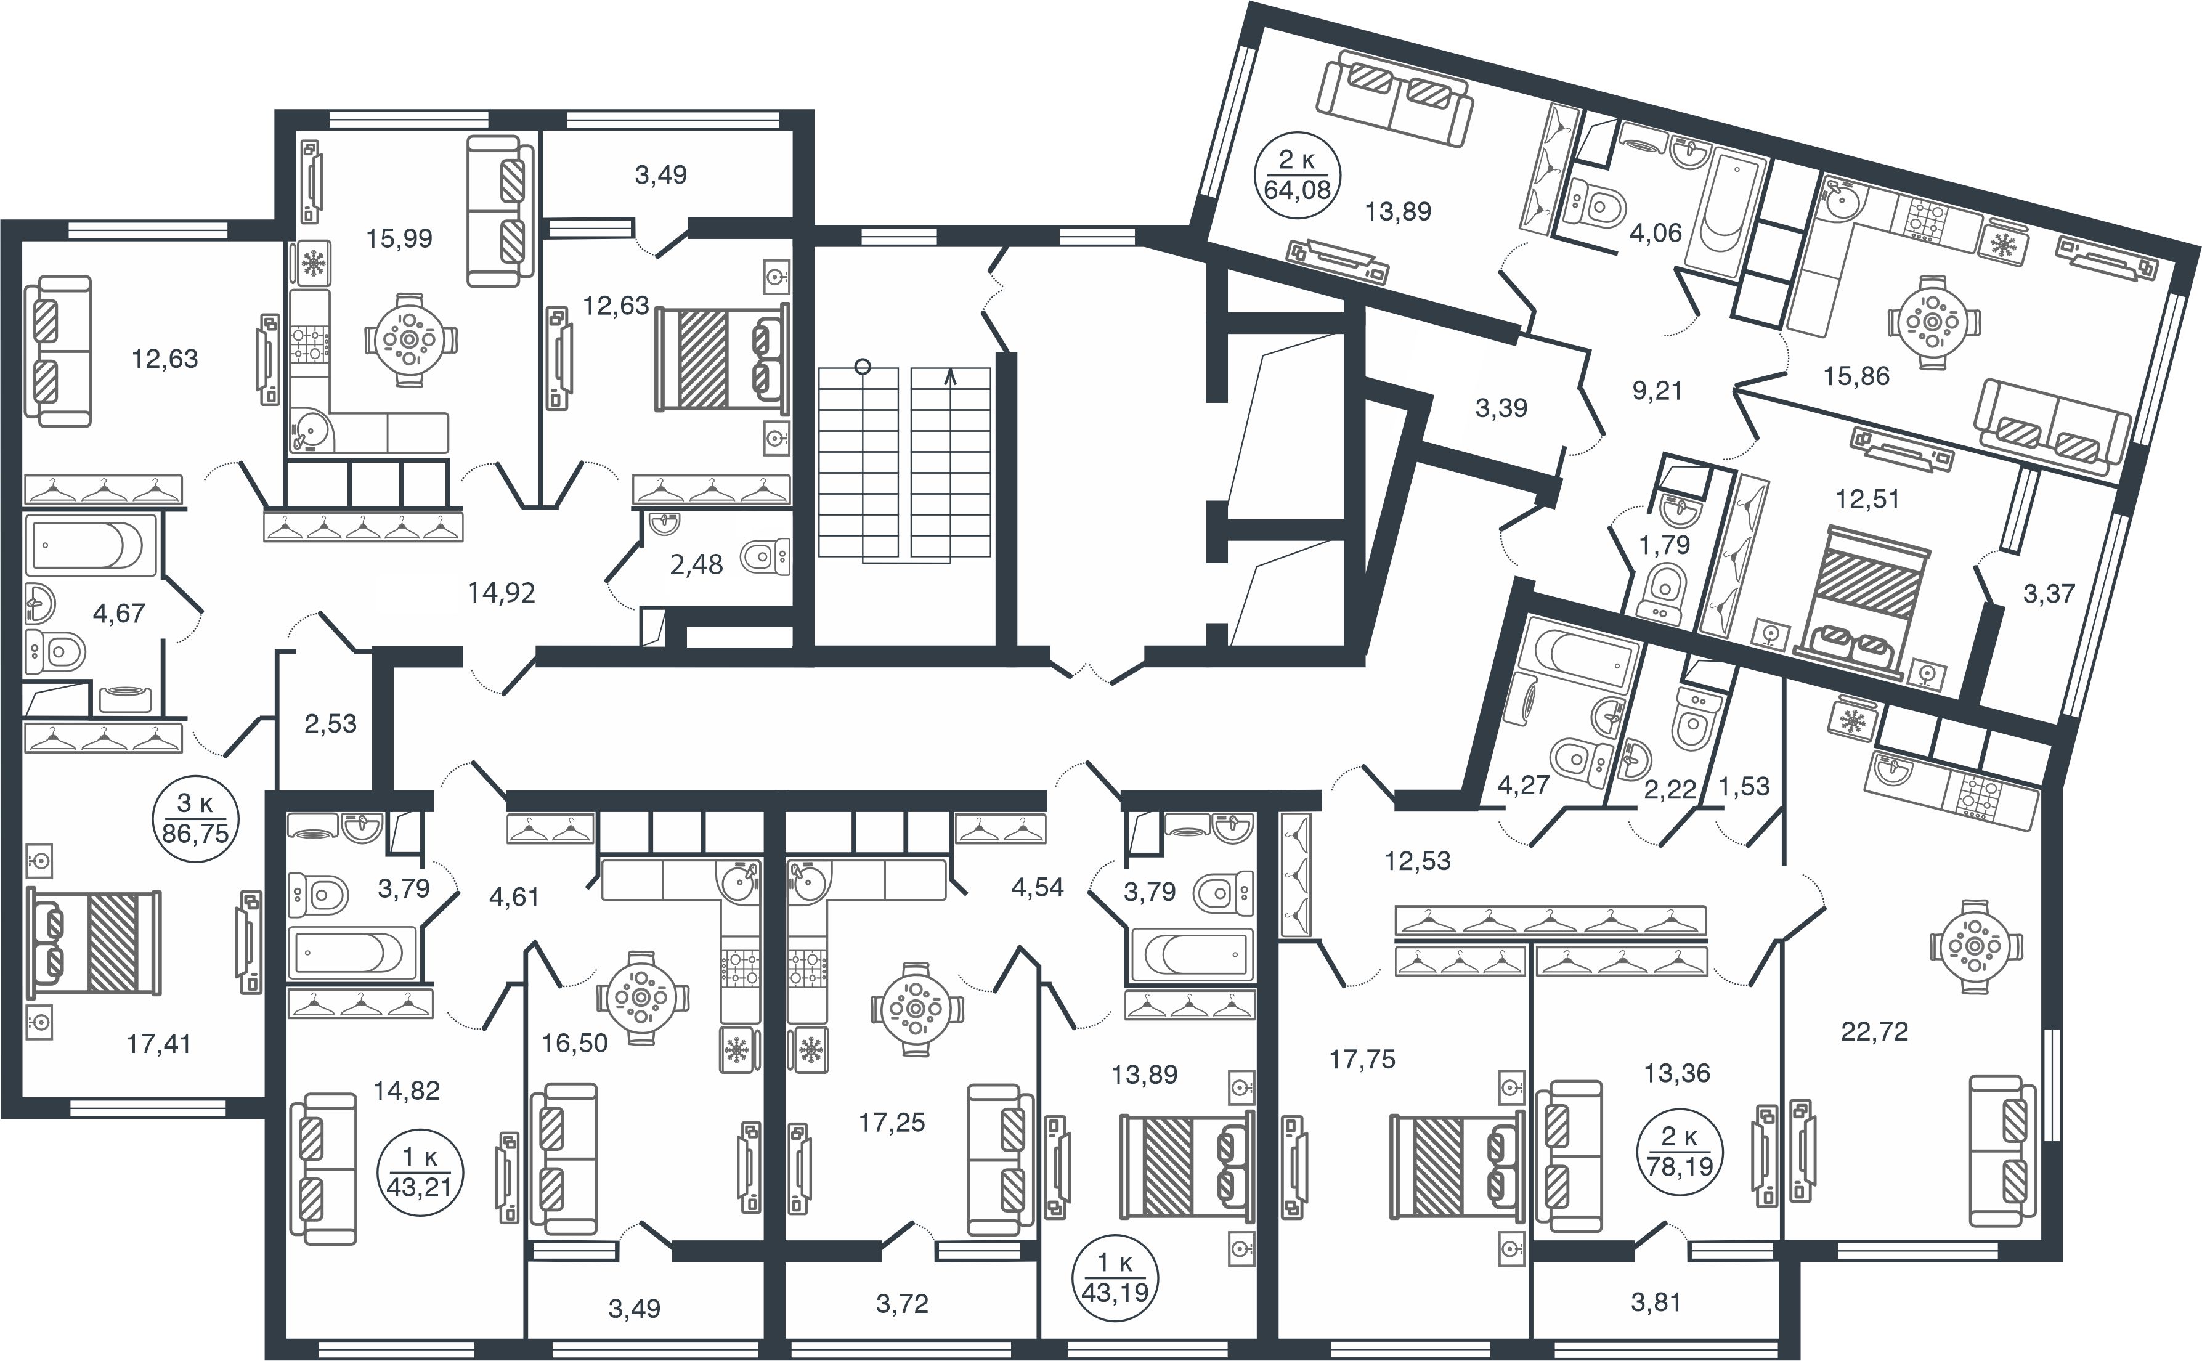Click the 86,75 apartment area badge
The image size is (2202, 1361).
pyautogui.click(x=196, y=818)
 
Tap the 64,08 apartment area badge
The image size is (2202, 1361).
pyautogui.click(x=1297, y=176)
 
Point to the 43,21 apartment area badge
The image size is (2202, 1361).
pyautogui.click(x=420, y=1172)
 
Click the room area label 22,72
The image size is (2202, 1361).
pyautogui.click(x=1874, y=1031)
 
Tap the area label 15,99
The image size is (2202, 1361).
pyautogui.click(x=399, y=238)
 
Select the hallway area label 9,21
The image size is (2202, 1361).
pyautogui.click(x=1657, y=391)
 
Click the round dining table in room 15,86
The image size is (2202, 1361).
pyautogui.click(x=1931, y=322)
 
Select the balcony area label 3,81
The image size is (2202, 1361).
pyautogui.click(x=1656, y=1302)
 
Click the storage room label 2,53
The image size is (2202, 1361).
pyautogui.click(x=330, y=724)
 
